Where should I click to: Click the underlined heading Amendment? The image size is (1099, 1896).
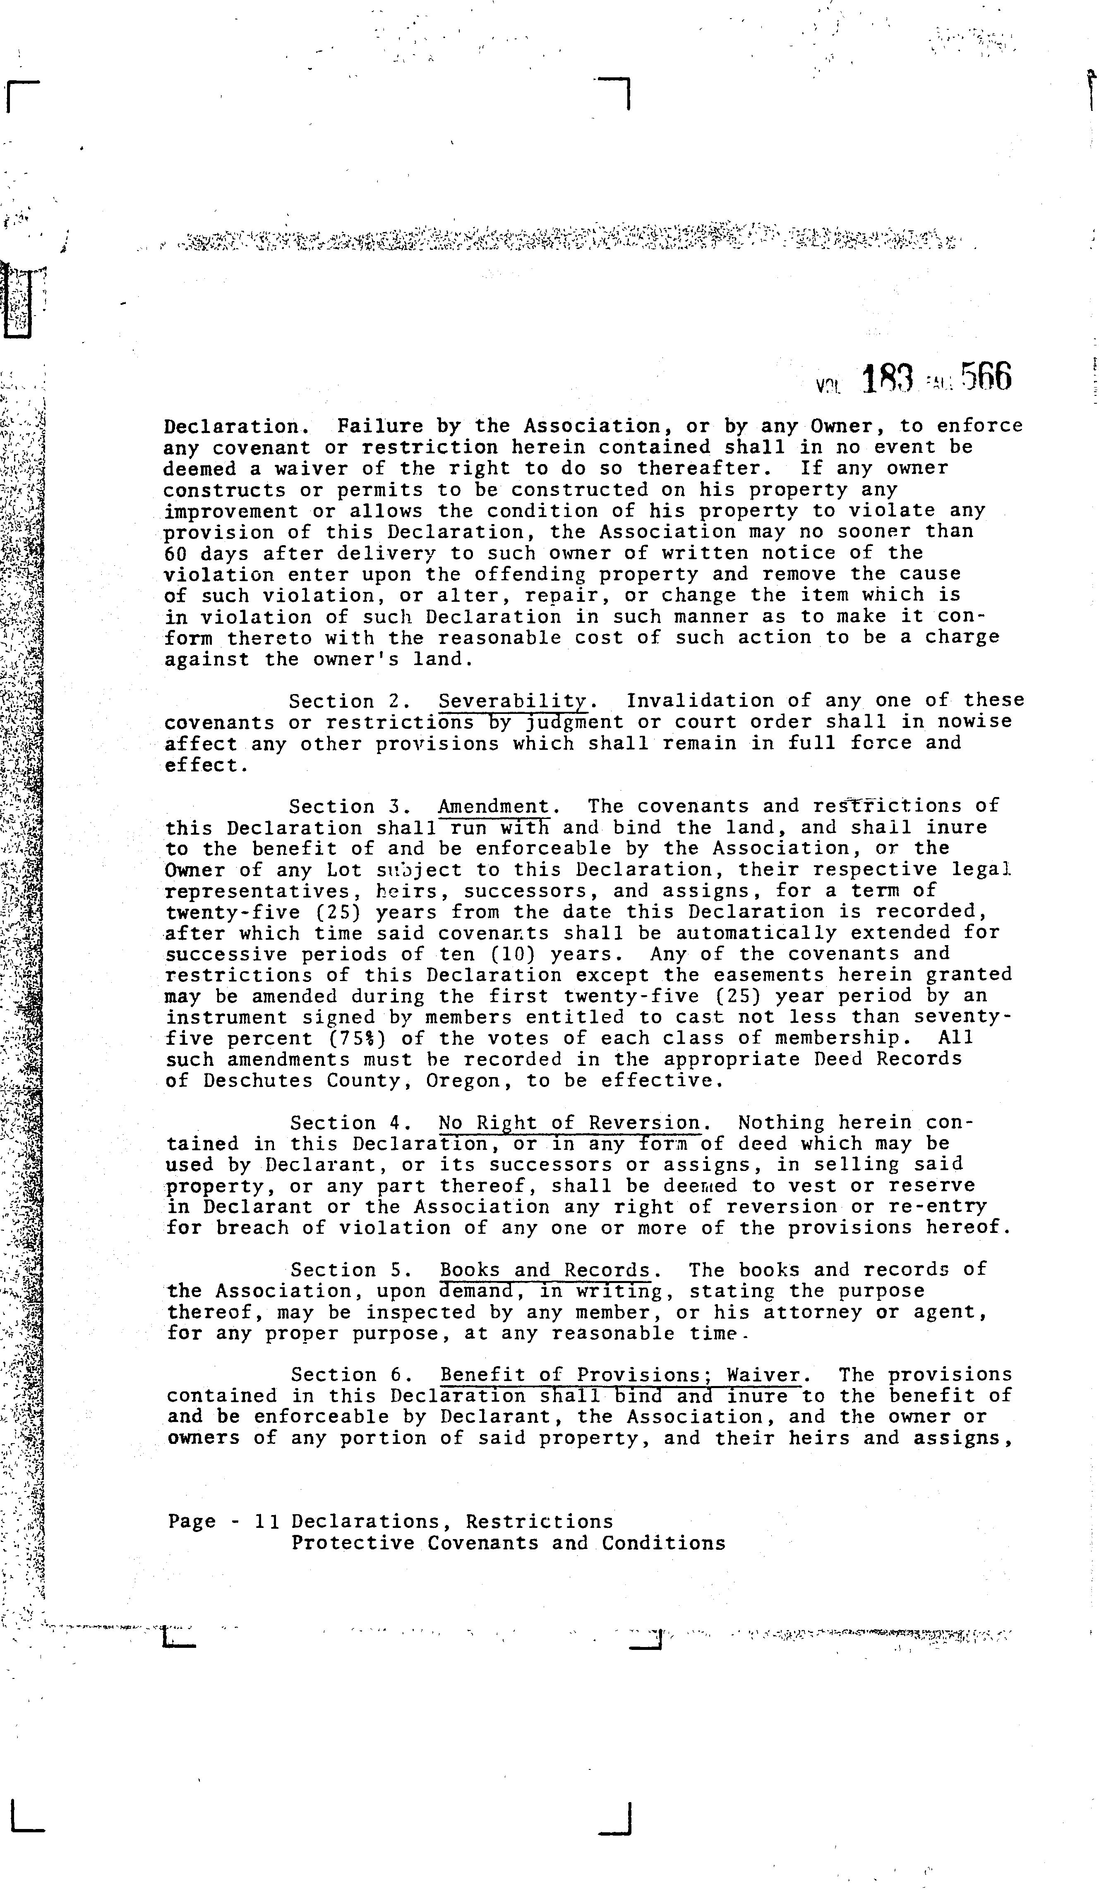[x=494, y=807]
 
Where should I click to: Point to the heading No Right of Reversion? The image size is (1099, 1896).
[x=570, y=1123]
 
